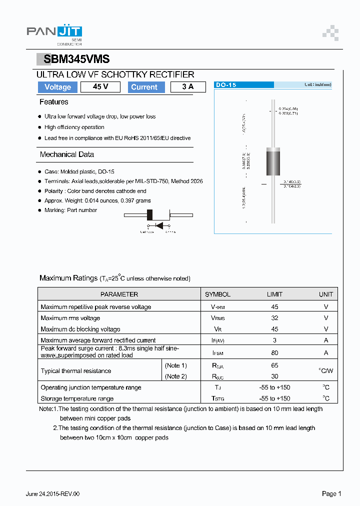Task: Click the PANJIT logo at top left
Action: [54, 32]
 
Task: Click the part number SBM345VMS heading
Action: [76, 59]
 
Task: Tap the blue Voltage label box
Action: [57, 87]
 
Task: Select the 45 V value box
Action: [100, 87]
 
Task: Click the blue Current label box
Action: [144, 87]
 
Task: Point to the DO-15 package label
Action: [225, 85]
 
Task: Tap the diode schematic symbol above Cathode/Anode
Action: [159, 225]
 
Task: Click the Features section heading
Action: [54, 102]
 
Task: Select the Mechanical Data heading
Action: [67, 154]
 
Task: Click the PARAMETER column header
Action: [119, 294]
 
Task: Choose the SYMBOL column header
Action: [217, 294]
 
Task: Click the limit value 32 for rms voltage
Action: [274, 318]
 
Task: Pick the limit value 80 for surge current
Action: [274, 352]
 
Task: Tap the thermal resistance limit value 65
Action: [274, 365]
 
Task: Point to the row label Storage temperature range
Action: [77, 398]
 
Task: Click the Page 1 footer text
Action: [331, 493]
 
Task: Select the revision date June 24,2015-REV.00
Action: [52, 494]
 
